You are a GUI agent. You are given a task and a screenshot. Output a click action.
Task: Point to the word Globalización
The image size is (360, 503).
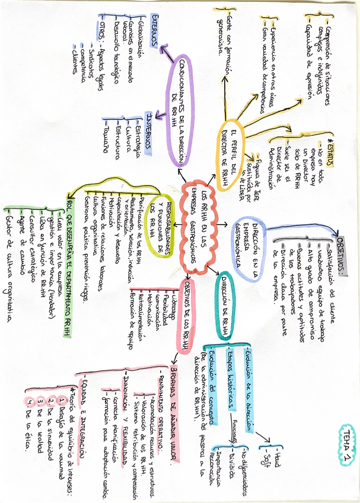pos(141,41)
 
